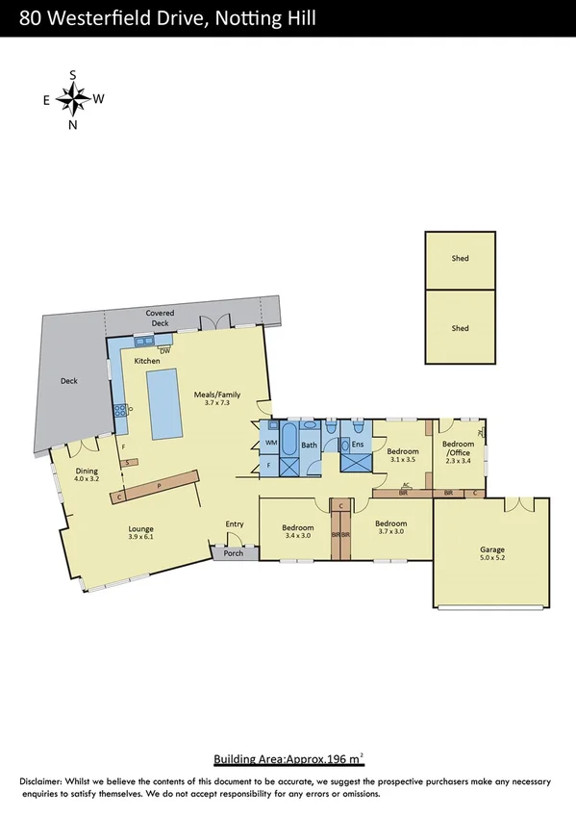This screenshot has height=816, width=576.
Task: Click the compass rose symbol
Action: [72, 98]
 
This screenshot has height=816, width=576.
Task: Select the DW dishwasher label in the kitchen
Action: [151, 350]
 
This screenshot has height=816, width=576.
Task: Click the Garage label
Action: [491, 551]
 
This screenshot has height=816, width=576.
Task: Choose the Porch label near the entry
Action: [234, 553]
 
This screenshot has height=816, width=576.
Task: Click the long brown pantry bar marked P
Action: [159, 486]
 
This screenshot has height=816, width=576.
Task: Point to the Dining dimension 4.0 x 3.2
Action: [87, 478]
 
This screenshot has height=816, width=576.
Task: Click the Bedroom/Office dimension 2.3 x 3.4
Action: [459, 461]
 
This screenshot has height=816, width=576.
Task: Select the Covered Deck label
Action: [158, 318]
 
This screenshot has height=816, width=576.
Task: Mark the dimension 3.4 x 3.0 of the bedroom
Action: [298, 538]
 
